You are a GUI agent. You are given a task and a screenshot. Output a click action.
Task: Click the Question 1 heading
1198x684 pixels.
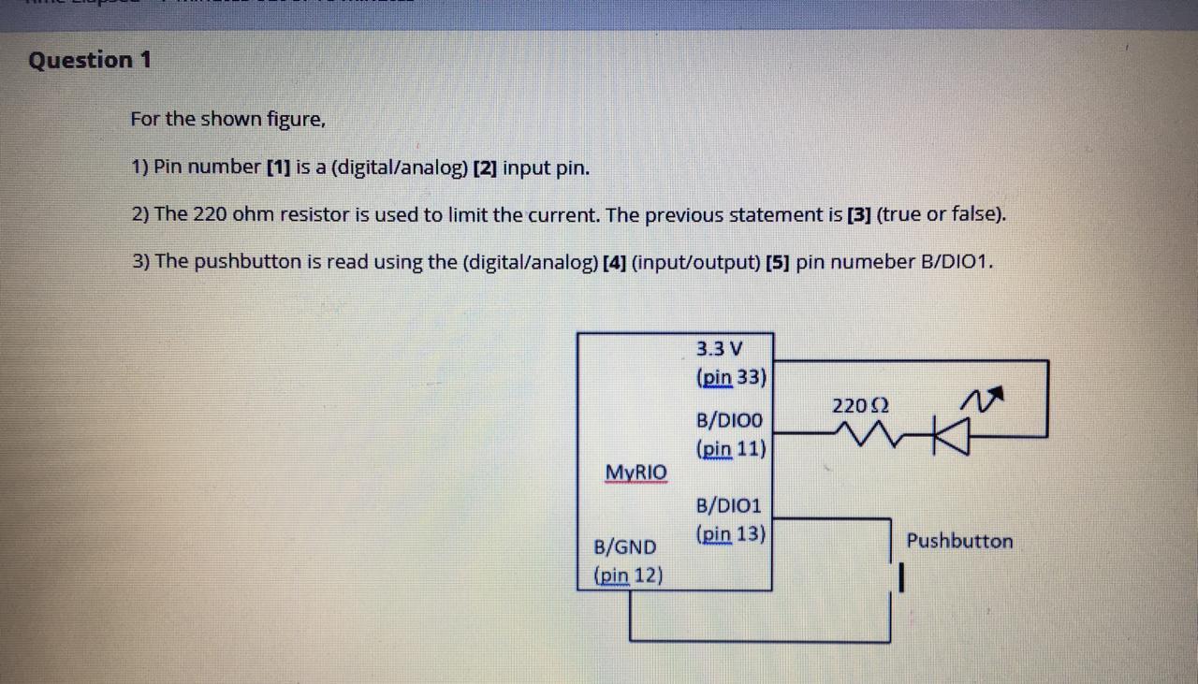(89, 61)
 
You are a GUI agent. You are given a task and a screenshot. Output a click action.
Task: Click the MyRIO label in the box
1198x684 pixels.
(636, 472)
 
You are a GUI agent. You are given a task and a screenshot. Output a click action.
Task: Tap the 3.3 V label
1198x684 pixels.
(720, 349)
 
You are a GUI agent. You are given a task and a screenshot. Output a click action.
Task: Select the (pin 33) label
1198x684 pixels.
(731, 378)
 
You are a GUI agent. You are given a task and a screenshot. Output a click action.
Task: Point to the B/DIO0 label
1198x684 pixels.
(729, 420)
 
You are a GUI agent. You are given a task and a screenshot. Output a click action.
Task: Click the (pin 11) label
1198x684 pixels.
(731, 449)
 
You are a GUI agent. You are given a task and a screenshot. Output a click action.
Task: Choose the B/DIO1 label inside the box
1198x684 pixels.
(729, 506)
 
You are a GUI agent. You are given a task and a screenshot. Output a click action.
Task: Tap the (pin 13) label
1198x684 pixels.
(731, 535)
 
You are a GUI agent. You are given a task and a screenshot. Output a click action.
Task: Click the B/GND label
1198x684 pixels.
(625, 546)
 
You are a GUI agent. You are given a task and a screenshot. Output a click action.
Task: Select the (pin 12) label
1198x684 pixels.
(628, 575)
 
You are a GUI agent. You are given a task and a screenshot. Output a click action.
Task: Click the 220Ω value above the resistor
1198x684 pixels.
(860, 406)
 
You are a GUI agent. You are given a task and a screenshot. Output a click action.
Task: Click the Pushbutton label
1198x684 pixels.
(959, 541)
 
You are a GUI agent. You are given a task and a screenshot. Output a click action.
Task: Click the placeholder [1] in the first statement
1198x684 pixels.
(278, 168)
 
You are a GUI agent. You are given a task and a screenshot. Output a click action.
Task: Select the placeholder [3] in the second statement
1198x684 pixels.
(858, 215)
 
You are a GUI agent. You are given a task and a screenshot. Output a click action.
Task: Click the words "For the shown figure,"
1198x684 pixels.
(228, 120)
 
